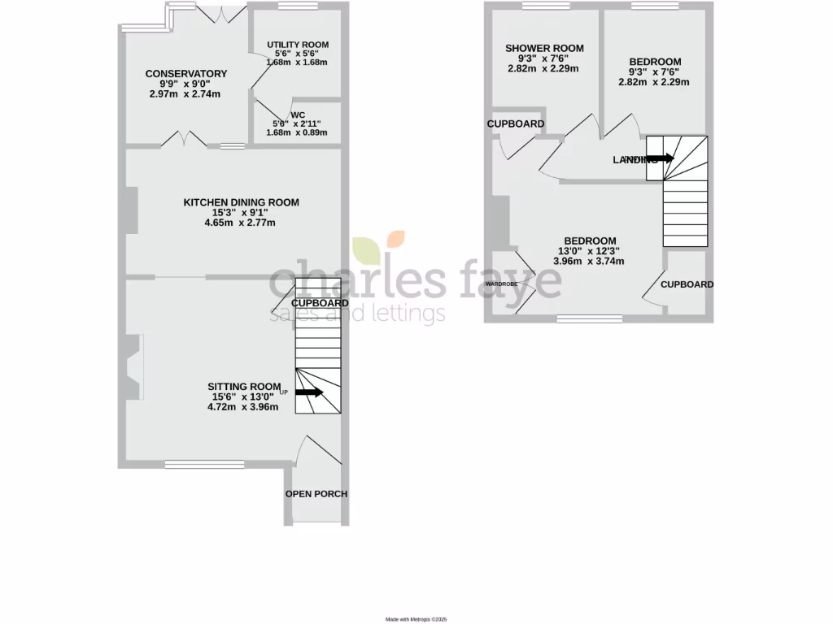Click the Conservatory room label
[x=186, y=74]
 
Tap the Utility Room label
[x=298, y=45]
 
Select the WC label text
[x=298, y=115]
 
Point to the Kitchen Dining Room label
[x=242, y=202]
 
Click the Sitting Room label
[x=244, y=386]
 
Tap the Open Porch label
[x=316, y=494]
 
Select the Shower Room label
[x=544, y=49]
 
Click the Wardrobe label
[x=502, y=284]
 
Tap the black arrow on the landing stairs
[x=660, y=158]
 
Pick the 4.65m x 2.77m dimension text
[x=242, y=223]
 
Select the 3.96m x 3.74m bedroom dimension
[x=589, y=262]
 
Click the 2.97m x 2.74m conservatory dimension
[x=185, y=94]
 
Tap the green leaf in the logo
[x=366, y=249]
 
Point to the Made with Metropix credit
[x=416, y=619]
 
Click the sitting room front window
[x=187, y=465]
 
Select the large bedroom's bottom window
[x=589, y=319]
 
